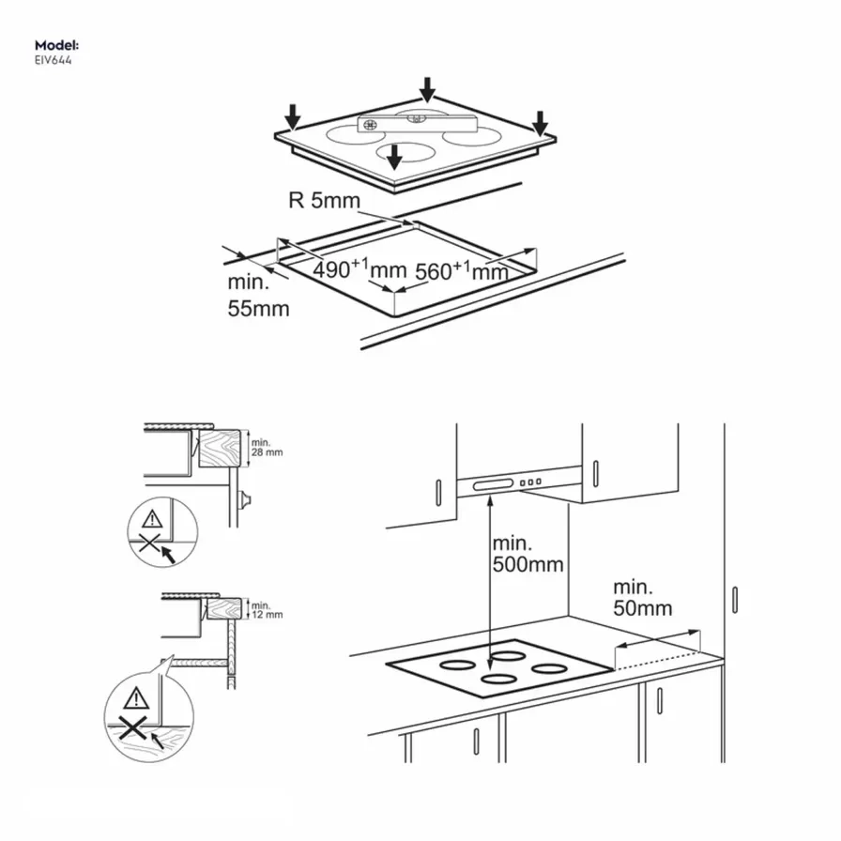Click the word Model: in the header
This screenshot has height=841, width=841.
56,45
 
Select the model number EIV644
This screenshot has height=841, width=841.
54,60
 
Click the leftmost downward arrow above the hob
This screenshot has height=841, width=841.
294,116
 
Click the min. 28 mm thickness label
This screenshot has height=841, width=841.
267,447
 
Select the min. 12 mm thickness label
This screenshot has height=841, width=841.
267,611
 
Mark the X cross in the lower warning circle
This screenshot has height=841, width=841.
136,727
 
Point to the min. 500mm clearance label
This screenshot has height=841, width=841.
528,555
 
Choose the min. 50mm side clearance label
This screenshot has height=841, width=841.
643,597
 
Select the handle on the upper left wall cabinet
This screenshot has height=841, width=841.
438,490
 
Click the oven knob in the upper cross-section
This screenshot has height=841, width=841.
246,498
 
